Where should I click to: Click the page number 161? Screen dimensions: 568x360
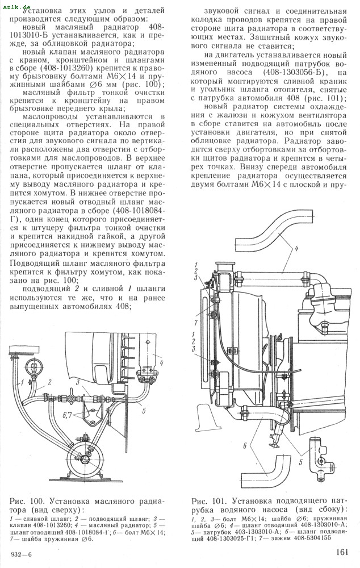[342, 552]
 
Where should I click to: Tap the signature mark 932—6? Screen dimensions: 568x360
[22, 554]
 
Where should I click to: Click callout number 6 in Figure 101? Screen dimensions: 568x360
[245, 445]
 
